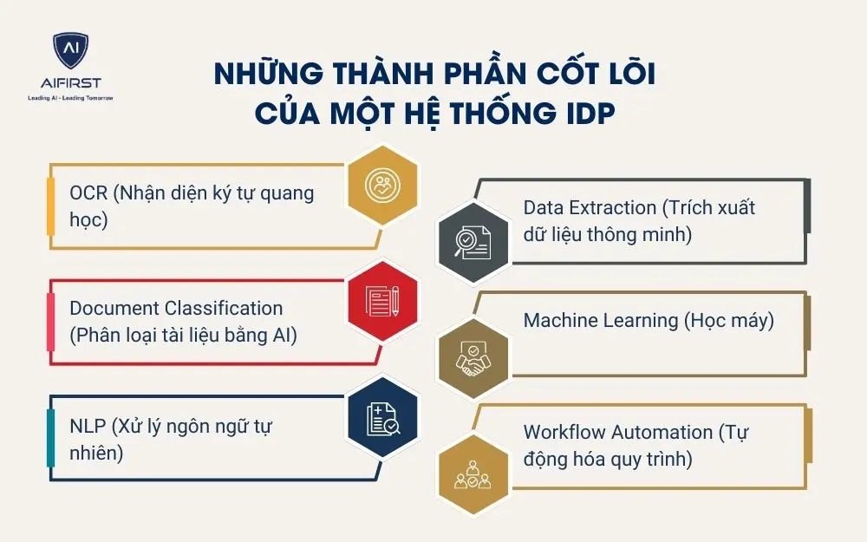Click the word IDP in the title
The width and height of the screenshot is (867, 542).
(x=586, y=113)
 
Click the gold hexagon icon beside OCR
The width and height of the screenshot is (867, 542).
(x=381, y=185)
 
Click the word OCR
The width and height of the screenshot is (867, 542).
(x=88, y=193)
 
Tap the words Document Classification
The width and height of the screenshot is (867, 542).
(x=176, y=308)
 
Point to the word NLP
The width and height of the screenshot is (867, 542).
(x=88, y=427)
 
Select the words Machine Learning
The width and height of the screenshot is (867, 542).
(x=600, y=320)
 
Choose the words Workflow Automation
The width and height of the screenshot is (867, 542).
(x=616, y=432)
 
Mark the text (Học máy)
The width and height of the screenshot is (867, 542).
(x=729, y=320)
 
